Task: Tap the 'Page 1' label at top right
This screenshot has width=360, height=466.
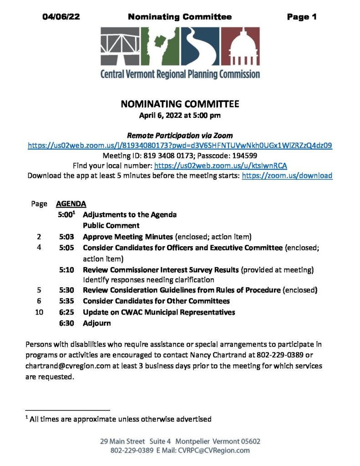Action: click(302, 17)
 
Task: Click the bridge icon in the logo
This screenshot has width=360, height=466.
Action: click(120, 46)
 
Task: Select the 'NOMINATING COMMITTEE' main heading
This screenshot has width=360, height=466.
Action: click(180, 104)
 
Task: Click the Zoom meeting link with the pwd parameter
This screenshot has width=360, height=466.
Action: click(180, 146)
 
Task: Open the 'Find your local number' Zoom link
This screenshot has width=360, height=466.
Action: click(221, 166)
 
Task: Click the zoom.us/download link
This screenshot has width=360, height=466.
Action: click(287, 176)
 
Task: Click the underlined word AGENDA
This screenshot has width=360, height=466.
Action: click(71, 204)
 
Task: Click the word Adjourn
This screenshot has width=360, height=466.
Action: click(96, 323)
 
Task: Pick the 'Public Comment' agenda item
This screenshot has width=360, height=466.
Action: click(111, 225)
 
